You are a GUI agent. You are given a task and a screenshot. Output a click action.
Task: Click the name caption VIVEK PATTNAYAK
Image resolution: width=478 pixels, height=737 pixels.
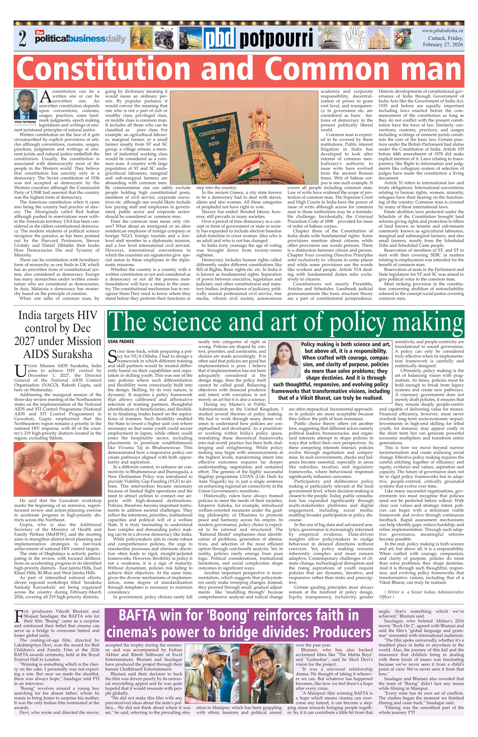pos(26,122)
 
